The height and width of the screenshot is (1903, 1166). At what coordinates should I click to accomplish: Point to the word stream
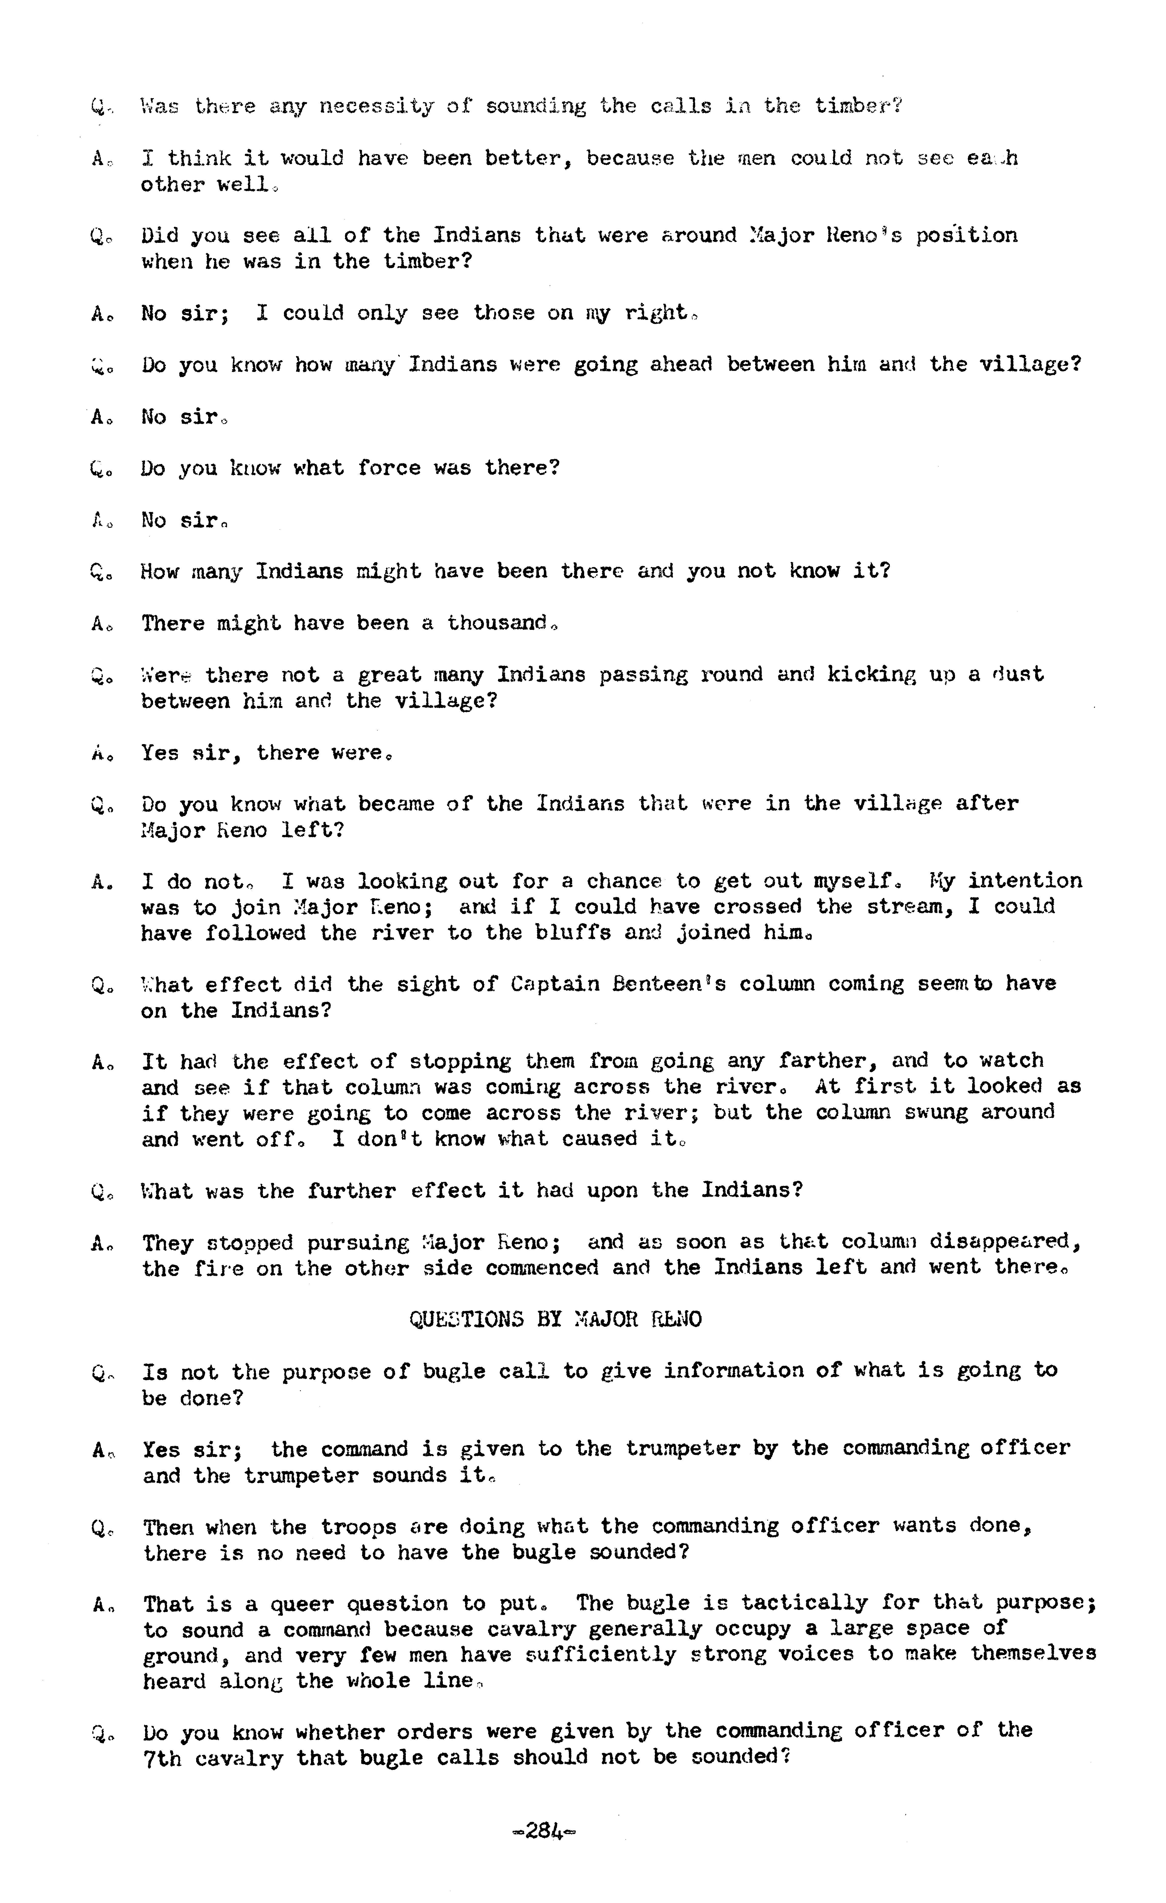(x=909, y=907)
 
